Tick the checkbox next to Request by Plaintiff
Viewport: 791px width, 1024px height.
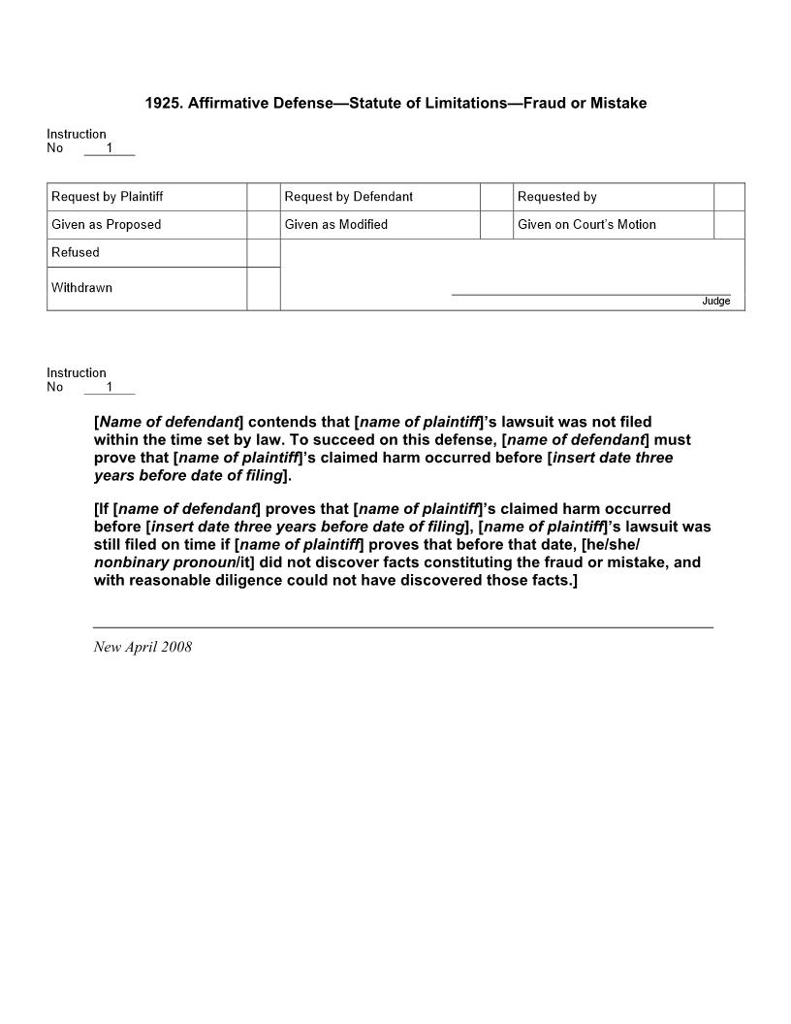pos(264,197)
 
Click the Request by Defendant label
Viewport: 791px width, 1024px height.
pos(349,197)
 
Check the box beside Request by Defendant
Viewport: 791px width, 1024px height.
pos(496,197)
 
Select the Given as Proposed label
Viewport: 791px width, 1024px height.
pos(107,225)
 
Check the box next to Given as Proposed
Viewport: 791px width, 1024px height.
pos(264,225)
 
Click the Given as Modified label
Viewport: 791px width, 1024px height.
pos(336,225)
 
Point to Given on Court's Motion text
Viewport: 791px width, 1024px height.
pos(586,225)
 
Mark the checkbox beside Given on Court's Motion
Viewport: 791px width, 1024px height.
pos(729,225)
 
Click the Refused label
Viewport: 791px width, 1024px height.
pos(76,253)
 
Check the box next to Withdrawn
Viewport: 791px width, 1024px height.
pos(264,288)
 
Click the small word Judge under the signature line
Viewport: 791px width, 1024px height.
pos(715,302)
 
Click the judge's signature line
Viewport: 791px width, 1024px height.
pos(591,294)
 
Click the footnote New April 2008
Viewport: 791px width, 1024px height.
pos(142,648)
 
